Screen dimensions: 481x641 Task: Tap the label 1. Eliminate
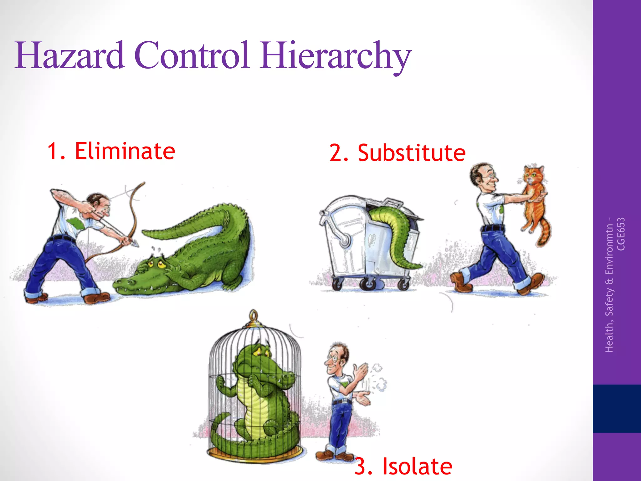(111, 151)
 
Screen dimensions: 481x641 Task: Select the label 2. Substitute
(397, 153)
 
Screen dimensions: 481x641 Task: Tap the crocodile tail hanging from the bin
(396, 238)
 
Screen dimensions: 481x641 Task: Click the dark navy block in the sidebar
(617, 408)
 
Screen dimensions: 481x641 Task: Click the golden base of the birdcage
(255, 453)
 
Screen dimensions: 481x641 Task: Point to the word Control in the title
(192, 56)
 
